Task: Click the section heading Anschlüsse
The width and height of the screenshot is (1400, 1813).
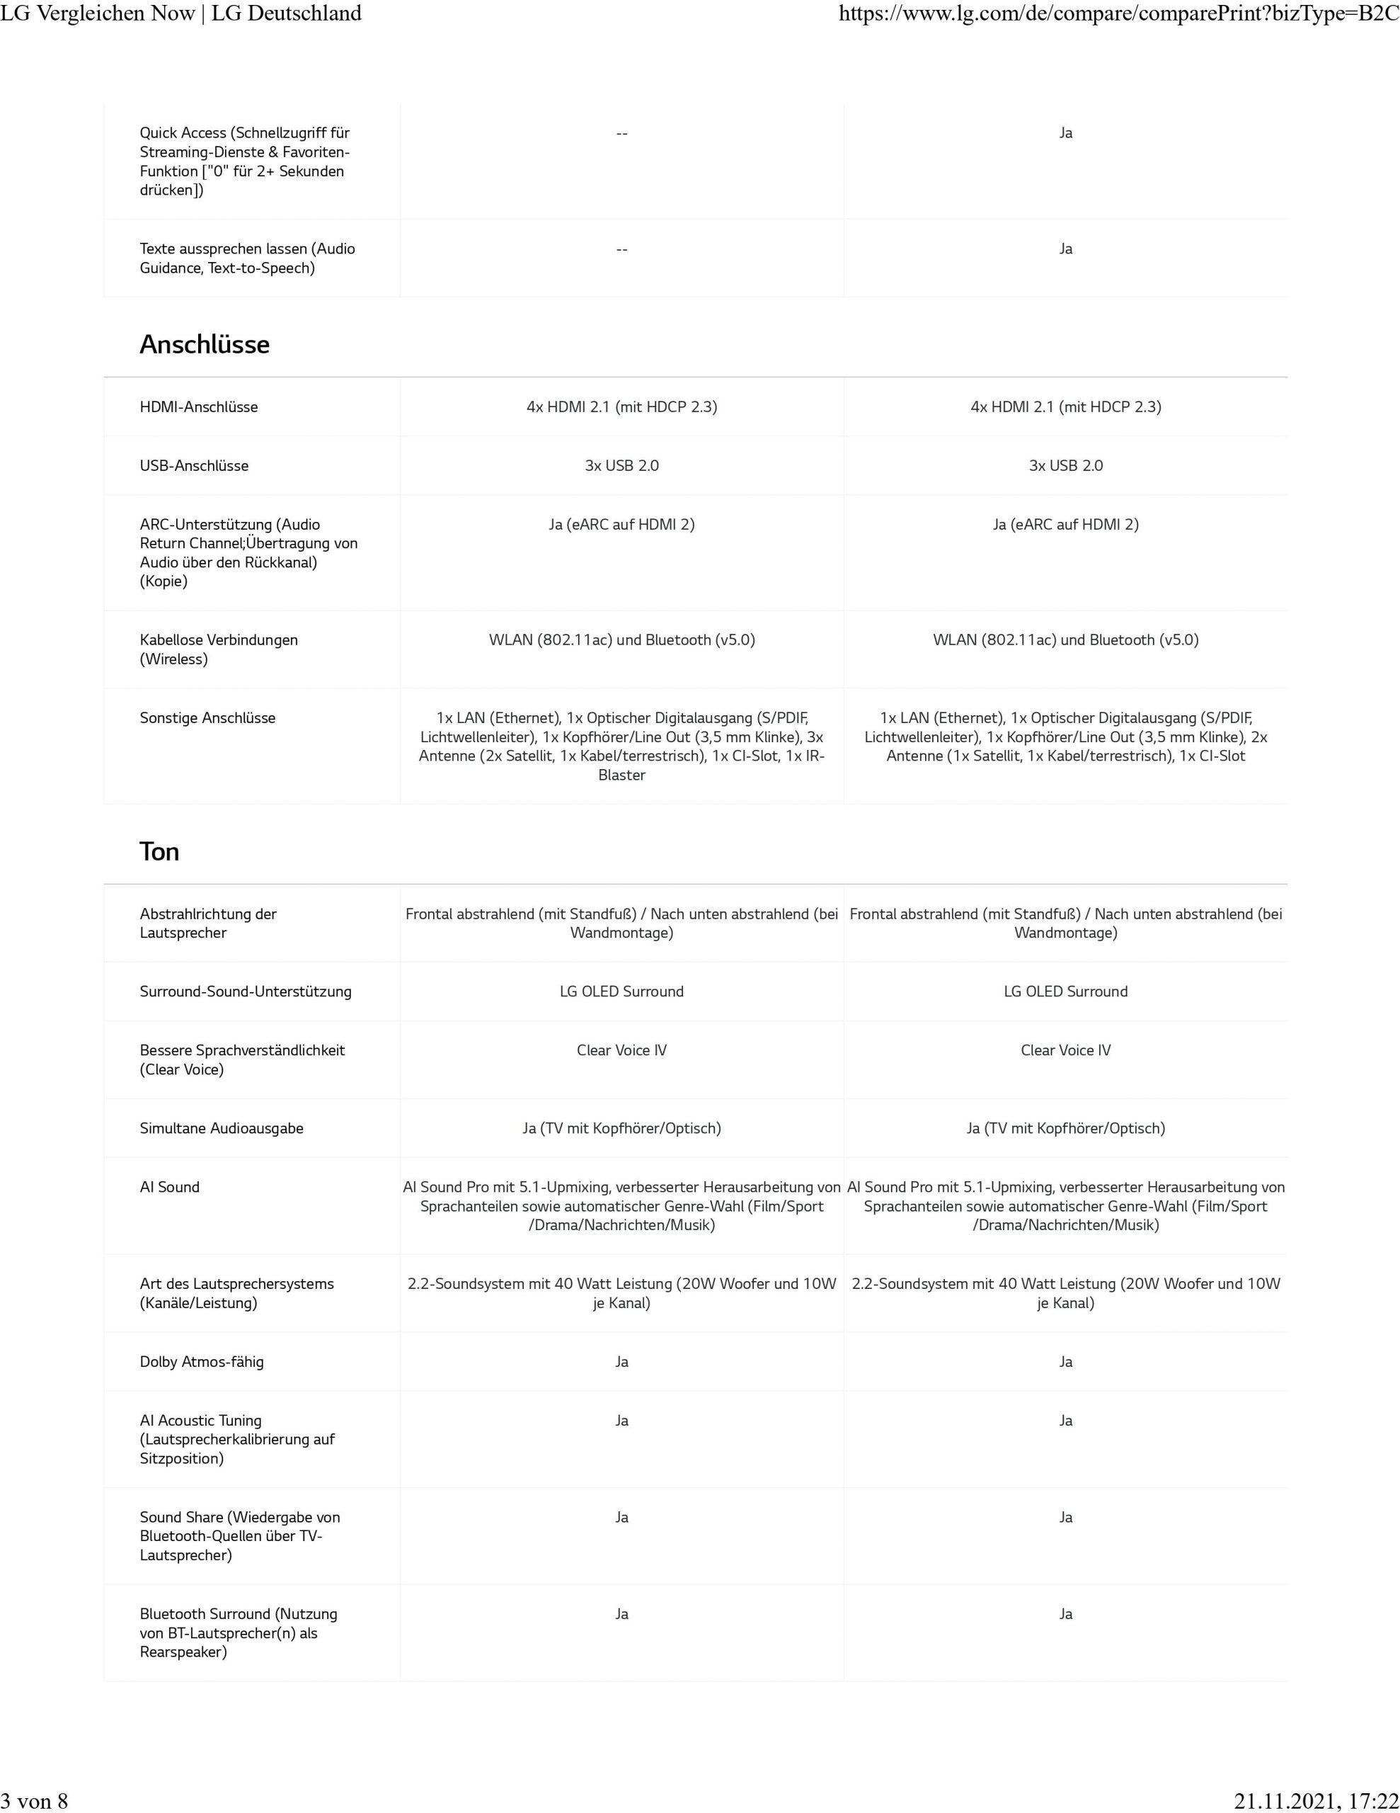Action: click(204, 344)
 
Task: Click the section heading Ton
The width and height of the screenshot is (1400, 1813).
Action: click(159, 852)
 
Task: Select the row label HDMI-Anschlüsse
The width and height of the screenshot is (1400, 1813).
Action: click(198, 407)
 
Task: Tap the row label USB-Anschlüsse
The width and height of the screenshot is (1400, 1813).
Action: click(193, 466)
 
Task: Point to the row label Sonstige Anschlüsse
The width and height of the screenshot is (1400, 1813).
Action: click(207, 718)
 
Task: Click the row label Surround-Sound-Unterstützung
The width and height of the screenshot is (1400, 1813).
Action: click(246, 991)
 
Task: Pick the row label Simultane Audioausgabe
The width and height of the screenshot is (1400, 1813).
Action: click(222, 1128)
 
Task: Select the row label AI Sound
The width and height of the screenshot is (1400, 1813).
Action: click(169, 1187)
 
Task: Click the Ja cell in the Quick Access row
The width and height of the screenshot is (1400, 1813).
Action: click(1065, 133)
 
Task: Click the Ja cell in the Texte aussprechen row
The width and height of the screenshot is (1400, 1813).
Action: click(1065, 249)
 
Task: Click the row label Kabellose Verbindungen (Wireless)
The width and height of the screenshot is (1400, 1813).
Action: click(218, 649)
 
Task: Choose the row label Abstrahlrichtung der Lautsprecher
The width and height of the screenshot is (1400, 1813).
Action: click(207, 923)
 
